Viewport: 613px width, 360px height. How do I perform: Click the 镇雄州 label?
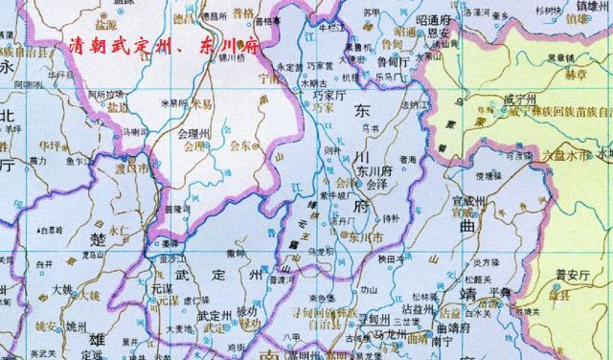pos(593,16)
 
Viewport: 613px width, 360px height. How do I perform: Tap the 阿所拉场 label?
pos(105,94)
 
